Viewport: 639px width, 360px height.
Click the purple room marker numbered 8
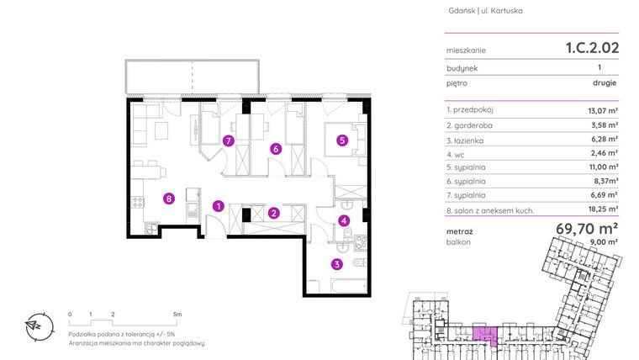[x=169, y=199]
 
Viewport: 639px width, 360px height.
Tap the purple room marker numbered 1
[x=219, y=206]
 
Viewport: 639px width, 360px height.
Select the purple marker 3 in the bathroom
[x=336, y=264]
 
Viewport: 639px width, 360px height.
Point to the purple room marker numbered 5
[x=342, y=140]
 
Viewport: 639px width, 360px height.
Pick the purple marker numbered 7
[x=228, y=141]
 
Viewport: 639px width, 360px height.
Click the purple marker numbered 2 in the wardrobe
[x=274, y=213]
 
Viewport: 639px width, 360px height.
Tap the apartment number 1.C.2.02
[x=592, y=48]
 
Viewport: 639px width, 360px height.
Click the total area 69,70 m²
[x=587, y=229]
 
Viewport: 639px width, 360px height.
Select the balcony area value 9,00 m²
[x=605, y=241]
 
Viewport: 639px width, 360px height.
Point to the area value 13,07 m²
[x=603, y=110]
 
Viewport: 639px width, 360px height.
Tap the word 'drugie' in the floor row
[x=605, y=83]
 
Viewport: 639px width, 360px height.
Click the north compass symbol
[x=40, y=326]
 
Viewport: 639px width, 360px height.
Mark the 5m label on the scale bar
[x=177, y=315]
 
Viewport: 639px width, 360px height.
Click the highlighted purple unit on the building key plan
[x=485, y=335]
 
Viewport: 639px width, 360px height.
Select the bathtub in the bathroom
[x=349, y=286]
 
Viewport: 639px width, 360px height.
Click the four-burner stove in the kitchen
[x=138, y=202]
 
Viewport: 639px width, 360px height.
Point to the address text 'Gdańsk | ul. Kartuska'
[x=485, y=11]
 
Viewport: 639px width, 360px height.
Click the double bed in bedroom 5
[x=345, y=140]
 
